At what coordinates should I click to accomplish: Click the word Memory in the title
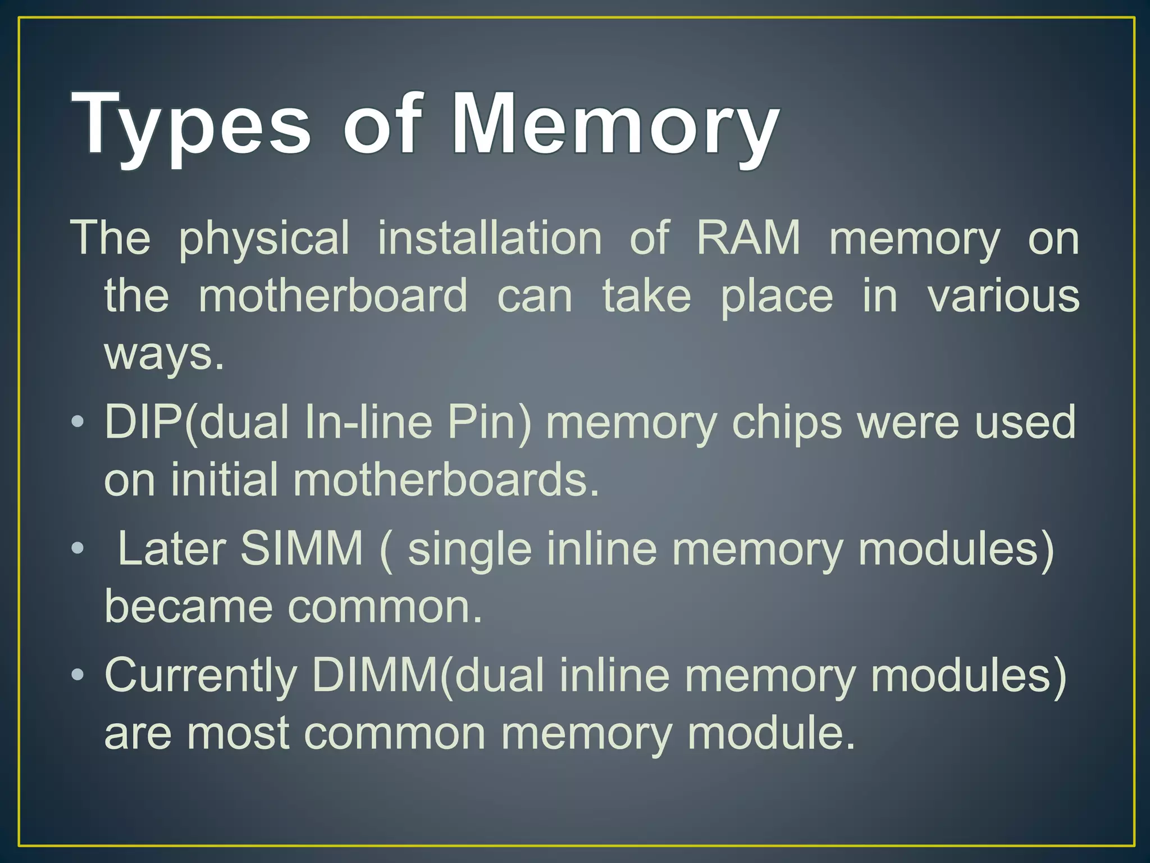(x=615, y=125)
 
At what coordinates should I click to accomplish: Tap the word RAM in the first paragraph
(x=749, y=238)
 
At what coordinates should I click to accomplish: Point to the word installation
(x=490, y=238)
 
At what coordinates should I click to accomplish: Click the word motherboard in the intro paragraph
(x=333, y=296)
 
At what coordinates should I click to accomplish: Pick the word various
(x=1003, y=296)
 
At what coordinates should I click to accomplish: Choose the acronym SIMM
(x=302, y=548)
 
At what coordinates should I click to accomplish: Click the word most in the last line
(x=238, y=733)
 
